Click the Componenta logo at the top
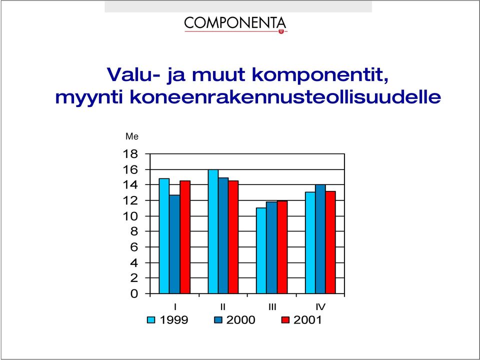pyautogui.click(x=235, y=24)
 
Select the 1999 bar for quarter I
pyautogui.click(x=164, y=235)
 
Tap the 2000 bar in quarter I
pyautogui.click(x=174, y=244)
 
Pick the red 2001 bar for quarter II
pyautogui.click(x=233, y=237)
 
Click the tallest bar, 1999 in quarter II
pyautogui.click(x=213, y=231)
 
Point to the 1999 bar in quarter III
pyautogui.click(x=261, y=250)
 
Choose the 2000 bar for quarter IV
pyautogui.click(x=320, y=239)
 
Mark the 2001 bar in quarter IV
pyautogui.click(x=330, y=242)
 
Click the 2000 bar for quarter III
pyautogui.click(x=271, y=247)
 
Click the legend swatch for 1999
pyautogui.click(x=151, y=320)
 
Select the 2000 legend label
pyautogui.click(x=240, y=320)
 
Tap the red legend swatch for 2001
pyautogui.click(x=285, y=320)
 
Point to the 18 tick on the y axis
pyautogui.click(x=130, y=154)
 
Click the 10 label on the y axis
pyautogui.click(x=130, y=216)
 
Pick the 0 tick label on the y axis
pyautogui.click(x=134, y=294)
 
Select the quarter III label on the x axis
pyautogui.click(x=272, y=306)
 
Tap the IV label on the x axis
pyautogui.click(x=320, y=306)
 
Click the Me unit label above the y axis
pyautogui.click(x=132, y=136)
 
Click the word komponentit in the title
pyautogui.click(x=320, y=74)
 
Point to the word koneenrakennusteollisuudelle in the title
pyautogui.click(x=285, y=96)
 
